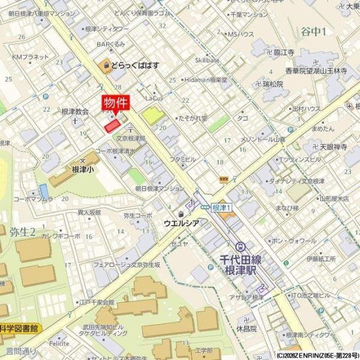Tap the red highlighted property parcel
coord(112,125)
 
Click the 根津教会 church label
coord(75,111)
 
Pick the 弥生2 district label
coord(22,232)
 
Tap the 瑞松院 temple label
coord(272,84)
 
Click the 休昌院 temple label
coord(246,328)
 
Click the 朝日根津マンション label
coord(159,188)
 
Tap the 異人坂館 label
coord(89,212)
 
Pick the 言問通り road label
coord(21,350)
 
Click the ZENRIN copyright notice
coord(317,355)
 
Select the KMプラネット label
coord(31,57)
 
